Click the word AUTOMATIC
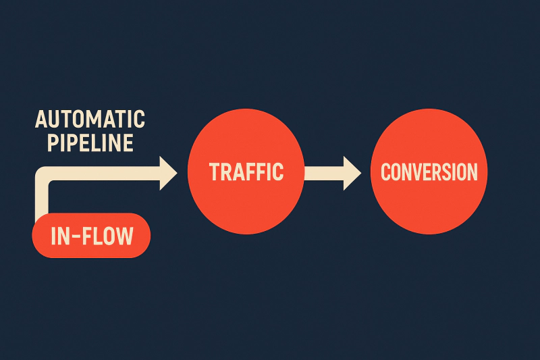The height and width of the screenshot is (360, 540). (90, 120)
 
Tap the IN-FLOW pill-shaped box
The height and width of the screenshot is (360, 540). (91, 235)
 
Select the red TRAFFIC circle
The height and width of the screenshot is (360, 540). (246, 172)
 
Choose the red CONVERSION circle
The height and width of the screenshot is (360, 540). (429, 172)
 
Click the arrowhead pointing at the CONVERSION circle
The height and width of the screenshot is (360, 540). (351, 172)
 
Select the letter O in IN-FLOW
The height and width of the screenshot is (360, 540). (106, 236)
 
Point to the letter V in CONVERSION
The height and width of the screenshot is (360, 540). (420, 172)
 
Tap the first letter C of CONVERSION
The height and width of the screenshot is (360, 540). (386, 172)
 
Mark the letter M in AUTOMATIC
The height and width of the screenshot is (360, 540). (97, 120)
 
